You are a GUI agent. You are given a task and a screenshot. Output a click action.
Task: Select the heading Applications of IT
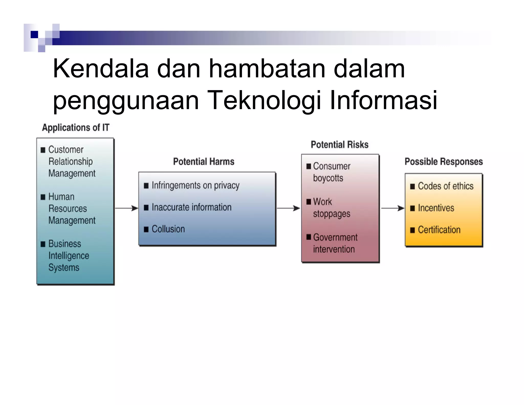(75, 127)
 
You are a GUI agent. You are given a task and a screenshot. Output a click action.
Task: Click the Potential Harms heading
(204, 162)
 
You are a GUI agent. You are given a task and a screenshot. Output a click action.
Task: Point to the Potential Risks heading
(340, 145)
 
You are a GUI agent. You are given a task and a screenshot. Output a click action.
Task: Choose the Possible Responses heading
(444, 162)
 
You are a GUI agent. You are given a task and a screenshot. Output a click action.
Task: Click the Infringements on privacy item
(195, 185)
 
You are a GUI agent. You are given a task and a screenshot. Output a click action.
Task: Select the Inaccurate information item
(191, 207)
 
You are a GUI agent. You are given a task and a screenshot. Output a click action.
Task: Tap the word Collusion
(168, 229)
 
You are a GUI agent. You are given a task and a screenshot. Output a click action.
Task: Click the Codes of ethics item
(445, 186)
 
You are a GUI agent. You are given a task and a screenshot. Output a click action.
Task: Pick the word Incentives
(436, 208)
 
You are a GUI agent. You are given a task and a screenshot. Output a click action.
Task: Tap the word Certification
(439, 230)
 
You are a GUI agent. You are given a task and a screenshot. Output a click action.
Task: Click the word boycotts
(328, 178)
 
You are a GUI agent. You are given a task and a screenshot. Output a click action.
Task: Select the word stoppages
(332, 214)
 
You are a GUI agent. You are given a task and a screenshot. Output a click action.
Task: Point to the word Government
(335, 237)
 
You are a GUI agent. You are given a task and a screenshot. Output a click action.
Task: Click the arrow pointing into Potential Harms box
(127, 208)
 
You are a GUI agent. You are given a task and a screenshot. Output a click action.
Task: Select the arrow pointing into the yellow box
(393, 208)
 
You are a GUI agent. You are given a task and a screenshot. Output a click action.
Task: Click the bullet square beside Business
(43, 244)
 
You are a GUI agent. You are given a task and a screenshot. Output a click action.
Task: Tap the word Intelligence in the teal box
(69, 255)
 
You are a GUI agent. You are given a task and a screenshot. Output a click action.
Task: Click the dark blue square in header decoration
(34, 34)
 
